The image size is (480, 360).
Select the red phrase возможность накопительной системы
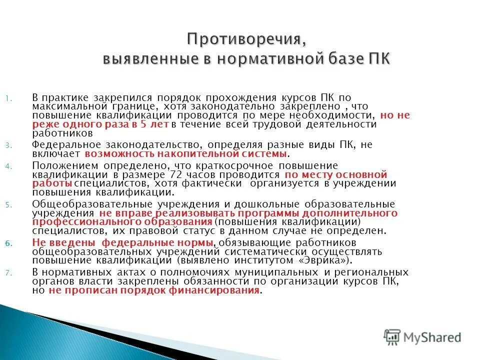(x=186, y=154)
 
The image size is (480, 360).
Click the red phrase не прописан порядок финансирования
(x=154, y=290)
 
